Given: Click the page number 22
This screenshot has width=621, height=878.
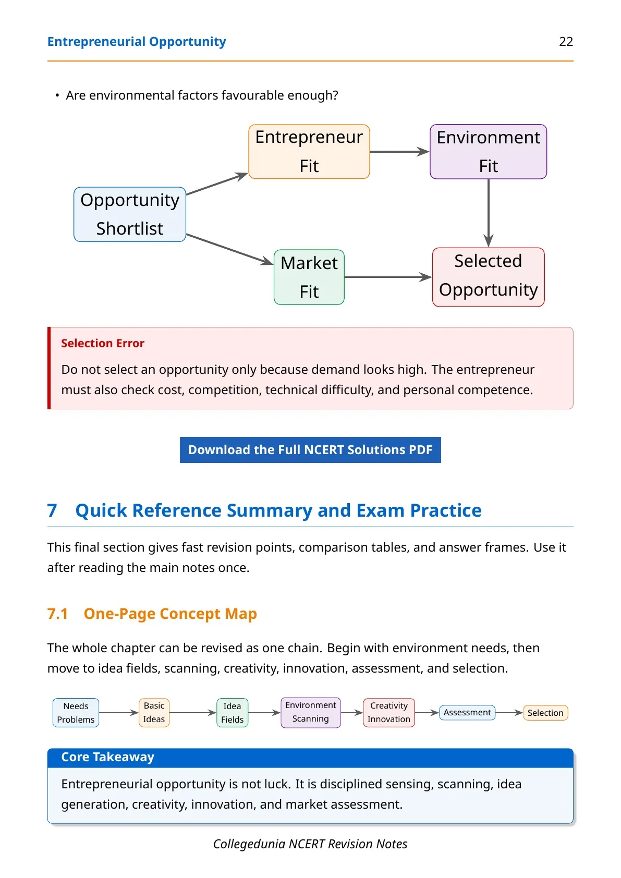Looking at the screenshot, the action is pyautogui.click(x=566, y=42).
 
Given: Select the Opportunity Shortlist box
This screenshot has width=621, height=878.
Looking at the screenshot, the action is pyautogui.click(x=130, y=214).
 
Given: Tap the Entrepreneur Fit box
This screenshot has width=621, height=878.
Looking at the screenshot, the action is pyautogui.click(x=309, y=152).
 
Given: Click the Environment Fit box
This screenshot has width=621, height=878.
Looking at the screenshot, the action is pyautogui.click(x=488, y=152).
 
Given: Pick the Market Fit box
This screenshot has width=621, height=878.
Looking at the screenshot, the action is pyautogui.click(x=309, y=277).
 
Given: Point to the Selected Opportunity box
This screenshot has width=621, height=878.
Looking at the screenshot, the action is pyautogui.click(x=488, y=277).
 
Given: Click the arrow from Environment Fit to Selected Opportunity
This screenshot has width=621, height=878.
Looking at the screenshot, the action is pyautogui.click(x=488, y=213).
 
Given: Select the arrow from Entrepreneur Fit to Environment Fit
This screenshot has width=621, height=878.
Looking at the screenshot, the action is pyautogui.click(x=399, y=152).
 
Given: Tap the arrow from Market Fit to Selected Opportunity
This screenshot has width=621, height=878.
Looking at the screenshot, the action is pyautogui.click(x=388, y=277).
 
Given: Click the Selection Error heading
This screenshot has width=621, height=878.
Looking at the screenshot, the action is pyautogui.click(x=103, y=344).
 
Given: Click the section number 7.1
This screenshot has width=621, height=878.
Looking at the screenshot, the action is pyautogui.click(x=58, y=614).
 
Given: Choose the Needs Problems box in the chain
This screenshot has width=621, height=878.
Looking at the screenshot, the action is pyautogui.click(x=76, y=713).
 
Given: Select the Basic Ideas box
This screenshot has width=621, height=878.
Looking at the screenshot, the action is pyautogui.click(x=154, y=713).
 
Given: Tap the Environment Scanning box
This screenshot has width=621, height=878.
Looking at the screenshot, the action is pyautogui.click(x=311, y=712).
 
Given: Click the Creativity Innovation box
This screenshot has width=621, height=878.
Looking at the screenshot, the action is pyautogui.click(x=389, y=713).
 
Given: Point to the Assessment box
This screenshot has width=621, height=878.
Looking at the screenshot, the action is pyautogui.click(x=467, y=713).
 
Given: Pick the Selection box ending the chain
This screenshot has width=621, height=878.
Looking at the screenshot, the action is pyautogui.click(x=545, y=713).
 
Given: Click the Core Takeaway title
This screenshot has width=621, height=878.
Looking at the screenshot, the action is pyautogui.click(x=108, y=757).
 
